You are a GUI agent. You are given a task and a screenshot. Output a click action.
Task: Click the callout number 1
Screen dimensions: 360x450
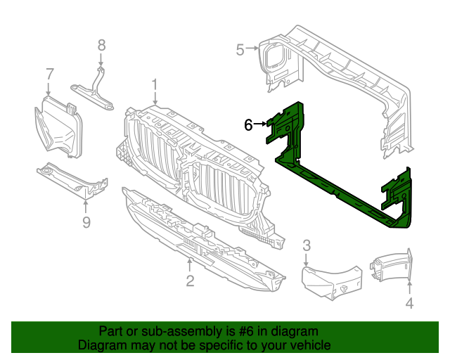154,86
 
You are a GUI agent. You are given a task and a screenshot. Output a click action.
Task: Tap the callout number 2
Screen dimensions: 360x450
190,282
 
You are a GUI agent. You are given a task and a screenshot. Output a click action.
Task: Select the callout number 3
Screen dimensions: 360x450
307,245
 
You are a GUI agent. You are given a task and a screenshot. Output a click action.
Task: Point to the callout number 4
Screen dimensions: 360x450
409,304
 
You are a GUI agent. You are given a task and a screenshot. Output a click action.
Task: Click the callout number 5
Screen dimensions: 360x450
240,49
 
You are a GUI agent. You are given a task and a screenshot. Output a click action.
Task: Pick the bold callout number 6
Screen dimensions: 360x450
248,125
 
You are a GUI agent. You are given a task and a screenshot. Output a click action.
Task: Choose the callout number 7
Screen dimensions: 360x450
49,73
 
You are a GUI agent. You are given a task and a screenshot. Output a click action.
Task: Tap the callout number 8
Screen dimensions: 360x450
101,45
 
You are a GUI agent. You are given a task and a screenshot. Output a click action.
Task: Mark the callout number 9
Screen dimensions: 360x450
86,223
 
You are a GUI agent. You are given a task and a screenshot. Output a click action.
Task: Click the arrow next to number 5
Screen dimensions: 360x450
252,49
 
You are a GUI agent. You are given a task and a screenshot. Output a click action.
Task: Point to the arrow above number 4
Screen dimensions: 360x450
409,288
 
